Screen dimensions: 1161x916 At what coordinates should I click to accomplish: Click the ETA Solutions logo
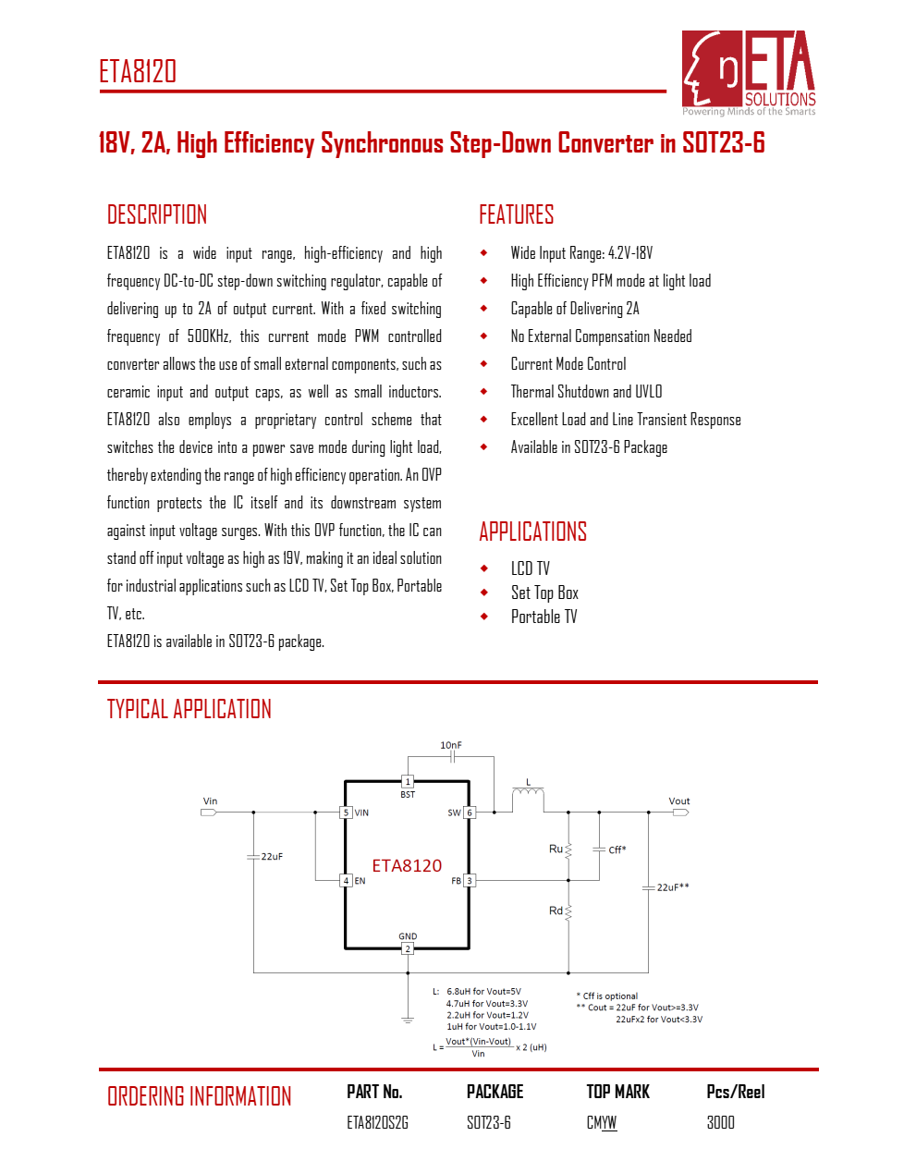point(749,72)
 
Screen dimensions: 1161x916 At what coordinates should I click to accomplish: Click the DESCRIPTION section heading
point(157,215)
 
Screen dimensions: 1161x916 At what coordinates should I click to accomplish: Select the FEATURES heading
point(516,215)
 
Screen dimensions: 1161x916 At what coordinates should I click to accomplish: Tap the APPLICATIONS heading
point(532,532)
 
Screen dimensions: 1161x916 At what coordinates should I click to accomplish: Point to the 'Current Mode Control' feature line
point(568,364)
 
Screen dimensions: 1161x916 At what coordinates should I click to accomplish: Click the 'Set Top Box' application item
point(544,593)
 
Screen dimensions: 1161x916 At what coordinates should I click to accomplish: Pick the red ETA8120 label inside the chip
point(407,865)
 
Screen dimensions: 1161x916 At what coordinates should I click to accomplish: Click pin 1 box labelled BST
point(408,782)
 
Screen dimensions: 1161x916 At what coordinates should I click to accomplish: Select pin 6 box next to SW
point(470,813)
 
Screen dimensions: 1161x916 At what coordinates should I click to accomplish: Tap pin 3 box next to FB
point(470,881)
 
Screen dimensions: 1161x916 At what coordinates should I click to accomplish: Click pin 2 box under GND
point(408,949)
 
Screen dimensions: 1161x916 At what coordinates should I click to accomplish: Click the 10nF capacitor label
point(451,745)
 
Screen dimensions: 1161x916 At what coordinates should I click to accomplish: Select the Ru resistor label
point(556,849)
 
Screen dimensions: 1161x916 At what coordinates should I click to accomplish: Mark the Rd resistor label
point(556,910)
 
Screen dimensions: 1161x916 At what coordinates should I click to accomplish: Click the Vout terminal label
point(679,801)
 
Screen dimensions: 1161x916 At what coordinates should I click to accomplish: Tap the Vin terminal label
point(211,801)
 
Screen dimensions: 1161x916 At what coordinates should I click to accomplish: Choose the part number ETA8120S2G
point(377,1122)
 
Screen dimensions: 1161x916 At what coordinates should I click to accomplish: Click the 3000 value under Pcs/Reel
point(720,1122)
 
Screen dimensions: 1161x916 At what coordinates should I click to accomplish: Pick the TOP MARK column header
point(617,1092)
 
